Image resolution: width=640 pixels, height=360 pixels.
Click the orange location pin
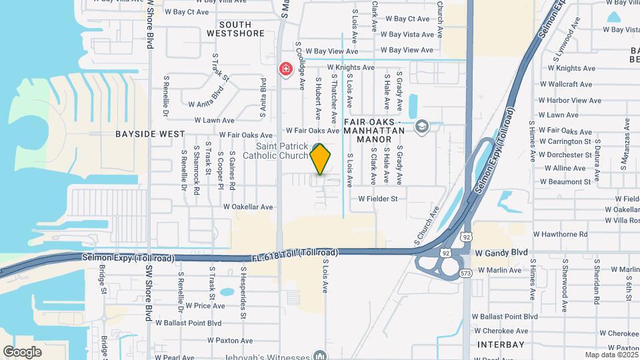(321, 159)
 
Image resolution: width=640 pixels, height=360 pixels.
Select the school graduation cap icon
(421, 127)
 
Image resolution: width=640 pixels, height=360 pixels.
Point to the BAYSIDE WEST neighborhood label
(150, 134)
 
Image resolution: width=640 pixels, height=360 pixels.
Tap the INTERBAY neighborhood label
(501, 345)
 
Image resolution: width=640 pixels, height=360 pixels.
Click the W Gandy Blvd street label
(501, 253)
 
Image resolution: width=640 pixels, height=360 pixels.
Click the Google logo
(23, 351)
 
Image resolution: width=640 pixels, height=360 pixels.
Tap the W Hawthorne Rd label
(560, 235)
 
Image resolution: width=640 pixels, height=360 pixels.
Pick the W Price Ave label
(200, 306)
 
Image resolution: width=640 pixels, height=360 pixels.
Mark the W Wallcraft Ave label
(567, 85)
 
